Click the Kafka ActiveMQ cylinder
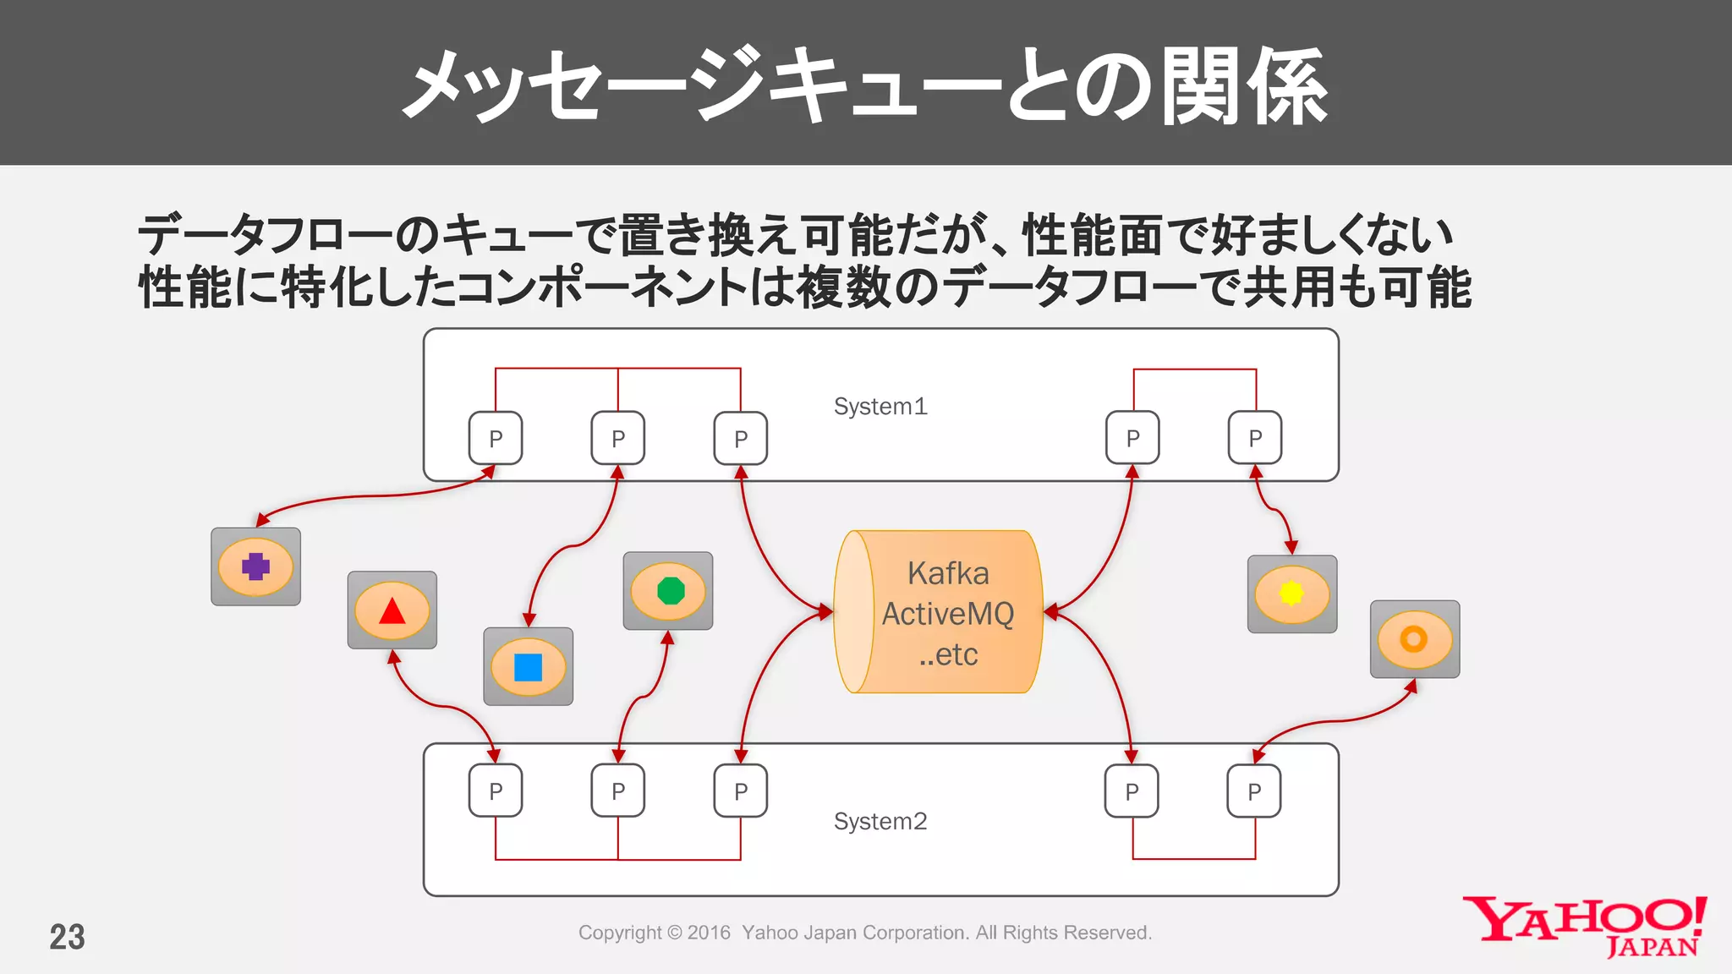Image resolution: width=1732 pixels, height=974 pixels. coord(939,612)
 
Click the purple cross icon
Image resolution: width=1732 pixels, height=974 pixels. coord(255,566)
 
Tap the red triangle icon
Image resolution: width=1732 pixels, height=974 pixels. coord(392,610)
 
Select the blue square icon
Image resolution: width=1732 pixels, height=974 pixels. coord(528,667)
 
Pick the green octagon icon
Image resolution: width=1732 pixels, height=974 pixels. coord(669,590)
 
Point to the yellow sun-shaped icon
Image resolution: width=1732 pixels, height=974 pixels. coord(1291,594)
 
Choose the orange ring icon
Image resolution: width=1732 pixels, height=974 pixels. coord(1414,639)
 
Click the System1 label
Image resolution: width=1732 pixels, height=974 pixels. coord(880,407)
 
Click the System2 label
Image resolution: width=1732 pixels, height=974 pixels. coord(880,822)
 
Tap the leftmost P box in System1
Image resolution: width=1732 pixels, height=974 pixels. coord(496,438)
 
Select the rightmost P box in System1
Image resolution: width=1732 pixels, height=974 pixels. coord(1255,438)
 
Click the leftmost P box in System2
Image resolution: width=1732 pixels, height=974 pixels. coord(496,791)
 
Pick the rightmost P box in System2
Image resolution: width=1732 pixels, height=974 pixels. coord(1254,791)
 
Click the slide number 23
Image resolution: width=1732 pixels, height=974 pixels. coord(67,937)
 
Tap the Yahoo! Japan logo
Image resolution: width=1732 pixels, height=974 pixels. coord(1584,927)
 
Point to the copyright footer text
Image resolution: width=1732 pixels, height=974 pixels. coord(864,933)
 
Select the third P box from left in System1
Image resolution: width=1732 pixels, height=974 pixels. coord(741,438)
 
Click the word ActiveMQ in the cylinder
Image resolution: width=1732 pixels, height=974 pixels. coord(948,614)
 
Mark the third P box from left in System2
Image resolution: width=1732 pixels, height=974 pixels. coord(741,791)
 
